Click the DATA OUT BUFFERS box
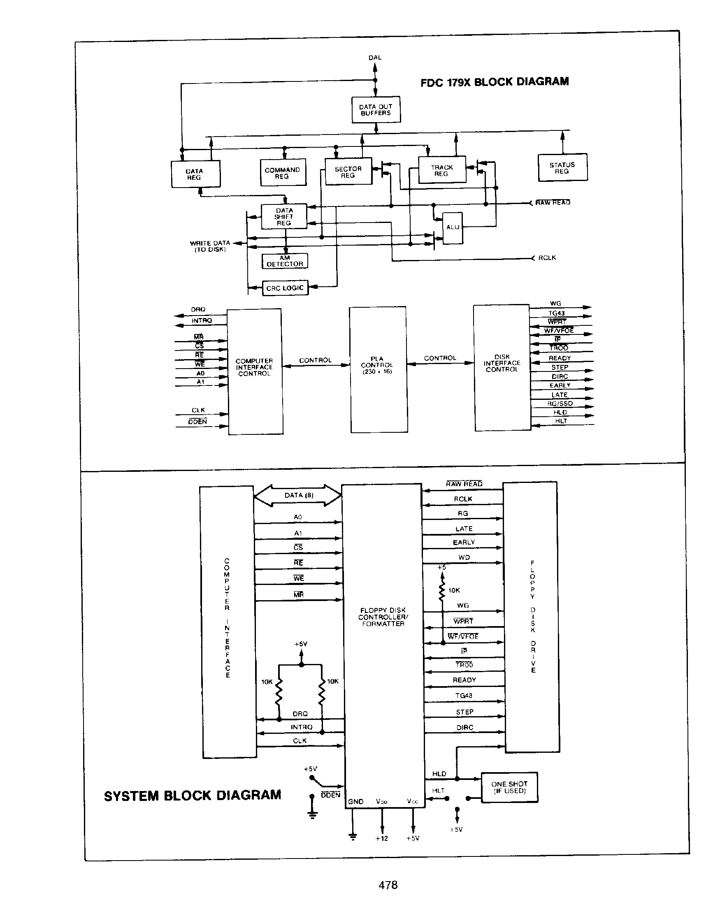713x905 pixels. click(x=376, y=110)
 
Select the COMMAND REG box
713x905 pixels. click(x=283, y=172)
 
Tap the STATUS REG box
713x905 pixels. click(x=562, y=168)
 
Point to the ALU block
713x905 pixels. click(x=453, y=227)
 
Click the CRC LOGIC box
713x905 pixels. click(x=285, y=288)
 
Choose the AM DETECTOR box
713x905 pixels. click(x=285, y=261)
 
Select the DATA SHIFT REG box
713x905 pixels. click(x=284, y=217)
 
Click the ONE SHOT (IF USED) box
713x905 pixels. click(x=509, y=787)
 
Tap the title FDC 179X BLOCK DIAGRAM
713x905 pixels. click(x=495, y=82)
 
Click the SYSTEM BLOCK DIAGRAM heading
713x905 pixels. click(x=193, y=795)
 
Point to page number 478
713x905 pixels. click(x=388, y=884)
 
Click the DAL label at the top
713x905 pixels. click(x=375, y=58)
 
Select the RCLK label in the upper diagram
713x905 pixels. click(x=547, y=258)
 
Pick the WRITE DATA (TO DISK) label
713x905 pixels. click(x=210, y=246)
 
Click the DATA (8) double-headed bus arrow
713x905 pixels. click(x=298, y=496)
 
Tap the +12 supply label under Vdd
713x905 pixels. click(x=381, y=838)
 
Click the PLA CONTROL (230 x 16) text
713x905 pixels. click(x=377, y=365)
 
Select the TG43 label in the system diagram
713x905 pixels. click(x=464, y=696)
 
